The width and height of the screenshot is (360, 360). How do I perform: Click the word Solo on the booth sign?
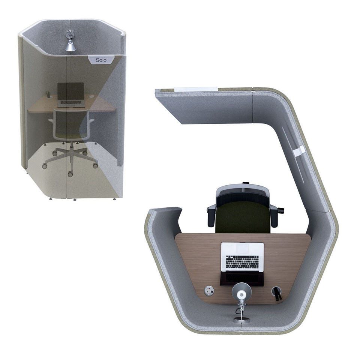(x=101, y=60)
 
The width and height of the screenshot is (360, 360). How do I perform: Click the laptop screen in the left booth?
(x=70, y=91)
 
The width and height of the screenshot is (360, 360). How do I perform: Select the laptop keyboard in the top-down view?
(x=242, y=262)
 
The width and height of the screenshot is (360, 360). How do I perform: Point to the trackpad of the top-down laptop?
(x=243, y=249)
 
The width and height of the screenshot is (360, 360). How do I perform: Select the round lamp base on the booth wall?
(x=241, y=319)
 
